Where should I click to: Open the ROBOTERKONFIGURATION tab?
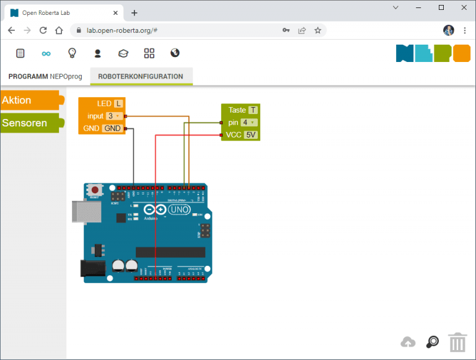click(x=141, y=76)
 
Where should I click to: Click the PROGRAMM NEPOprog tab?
click(x=45, y=76)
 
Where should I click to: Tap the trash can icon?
click(x=457, y=342)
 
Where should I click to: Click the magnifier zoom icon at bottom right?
click(x=432, y=342)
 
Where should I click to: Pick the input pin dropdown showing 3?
click(x=113, y=116)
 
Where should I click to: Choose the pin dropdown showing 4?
click(x=249, y=123)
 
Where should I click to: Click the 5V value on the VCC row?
click(x=250, y=134)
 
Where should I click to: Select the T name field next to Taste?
click(x=253, y=110)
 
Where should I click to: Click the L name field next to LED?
click(x=118, y=103)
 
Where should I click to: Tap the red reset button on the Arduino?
click(x=95, y=189)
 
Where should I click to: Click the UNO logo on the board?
click(x=179, y=209)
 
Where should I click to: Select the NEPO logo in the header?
click(x=433, y=53)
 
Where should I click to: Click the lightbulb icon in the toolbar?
click(x=72, y=53)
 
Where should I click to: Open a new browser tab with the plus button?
click(x=134, y=12)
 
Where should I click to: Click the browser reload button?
click(x=43, y=30)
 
